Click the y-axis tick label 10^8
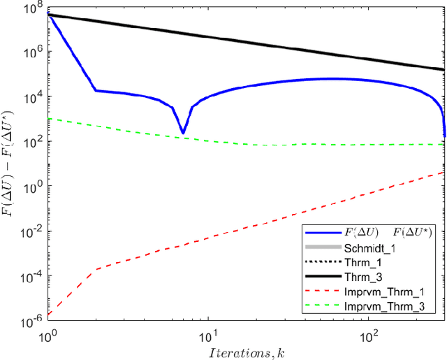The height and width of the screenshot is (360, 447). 32,8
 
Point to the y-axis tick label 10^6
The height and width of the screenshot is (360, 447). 32,52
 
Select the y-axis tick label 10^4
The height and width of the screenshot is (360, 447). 32,96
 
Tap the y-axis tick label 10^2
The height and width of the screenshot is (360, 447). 32,141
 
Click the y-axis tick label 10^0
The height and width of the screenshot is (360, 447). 32,186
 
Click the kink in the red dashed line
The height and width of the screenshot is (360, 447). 96,268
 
